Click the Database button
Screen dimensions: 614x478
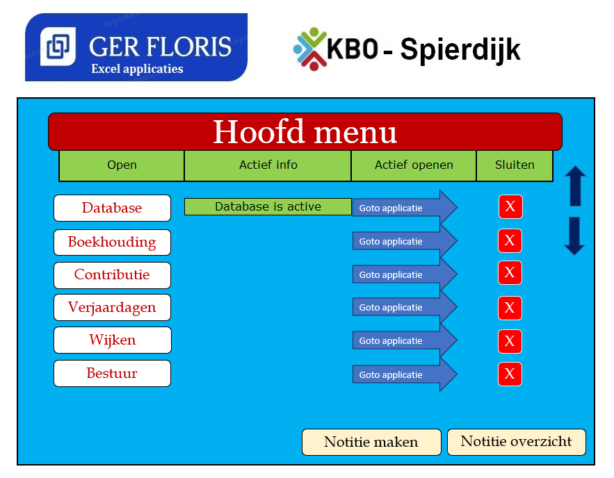click(113, 208)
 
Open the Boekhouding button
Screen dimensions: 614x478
click(113, 242)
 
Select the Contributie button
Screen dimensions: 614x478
click(113, 275)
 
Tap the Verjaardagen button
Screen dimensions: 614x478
click(113, 308)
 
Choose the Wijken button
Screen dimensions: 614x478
click(113, 340)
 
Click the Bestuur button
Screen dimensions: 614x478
click(113, 373)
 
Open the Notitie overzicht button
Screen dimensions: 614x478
click(517, 442)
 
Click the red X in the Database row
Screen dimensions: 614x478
click(510, 206)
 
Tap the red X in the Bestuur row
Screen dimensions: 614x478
click(510, 374)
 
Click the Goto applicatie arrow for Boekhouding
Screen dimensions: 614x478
click(405, 241)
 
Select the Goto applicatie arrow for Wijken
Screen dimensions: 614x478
click(405, 340)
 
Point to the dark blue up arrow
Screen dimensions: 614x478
click(575, 186)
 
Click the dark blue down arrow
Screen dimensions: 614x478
click(574, 236)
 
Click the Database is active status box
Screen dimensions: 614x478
click(268, 206)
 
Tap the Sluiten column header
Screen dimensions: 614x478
click(515, 165)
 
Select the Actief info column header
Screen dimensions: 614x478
click(268, 165)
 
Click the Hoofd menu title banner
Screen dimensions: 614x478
click(305, 132)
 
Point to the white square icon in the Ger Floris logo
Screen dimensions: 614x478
click(58, 47)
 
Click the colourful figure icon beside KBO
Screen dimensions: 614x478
click(310, 49)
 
